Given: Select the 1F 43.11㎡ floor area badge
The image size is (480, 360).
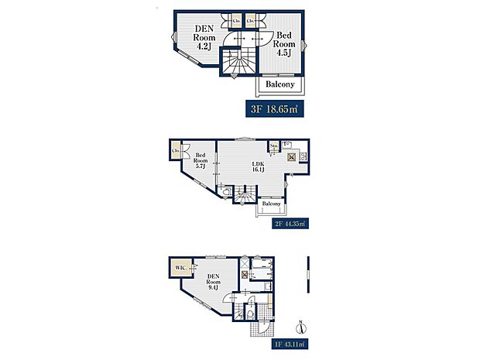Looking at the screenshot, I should [x=290, y=342].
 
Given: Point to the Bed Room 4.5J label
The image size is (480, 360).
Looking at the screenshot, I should [x=284, y=43].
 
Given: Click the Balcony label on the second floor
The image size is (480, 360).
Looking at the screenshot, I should [x=271, y=204].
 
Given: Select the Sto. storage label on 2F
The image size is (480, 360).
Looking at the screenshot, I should [x=273, y=145].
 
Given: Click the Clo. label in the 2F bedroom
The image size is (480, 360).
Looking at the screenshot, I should [x=177, y=150].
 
